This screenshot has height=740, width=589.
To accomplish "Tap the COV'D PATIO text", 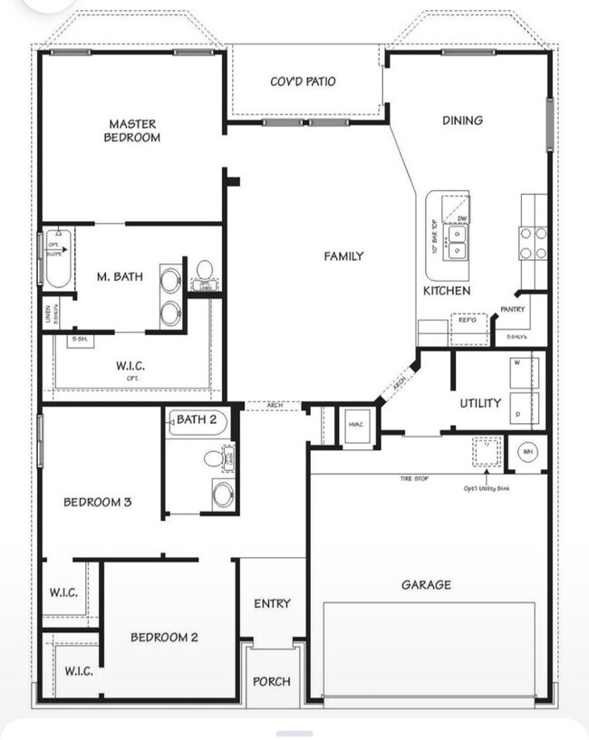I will click(303, 82).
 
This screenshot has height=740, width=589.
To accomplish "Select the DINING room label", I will click(462, 120).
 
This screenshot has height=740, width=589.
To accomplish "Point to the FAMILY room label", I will click(343, 256).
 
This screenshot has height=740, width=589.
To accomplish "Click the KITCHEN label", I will click(447, 291).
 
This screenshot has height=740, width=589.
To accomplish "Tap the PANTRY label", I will click(513, 310).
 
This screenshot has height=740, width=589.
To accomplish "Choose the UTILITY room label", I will click(479, 403).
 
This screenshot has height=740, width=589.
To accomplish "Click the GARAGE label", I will click(426, 585).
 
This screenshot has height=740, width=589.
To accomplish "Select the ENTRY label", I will click(272, 604).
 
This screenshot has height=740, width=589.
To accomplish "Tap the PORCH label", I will click(271, 681).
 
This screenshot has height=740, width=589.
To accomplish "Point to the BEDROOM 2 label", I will click(164, 637).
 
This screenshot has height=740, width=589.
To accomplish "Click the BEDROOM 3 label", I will click(98, 502).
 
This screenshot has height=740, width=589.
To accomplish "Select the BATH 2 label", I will click(197, 419).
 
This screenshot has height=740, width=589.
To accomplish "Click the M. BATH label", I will click(120, 276).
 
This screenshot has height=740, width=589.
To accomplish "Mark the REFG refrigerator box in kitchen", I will click(468, 321).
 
